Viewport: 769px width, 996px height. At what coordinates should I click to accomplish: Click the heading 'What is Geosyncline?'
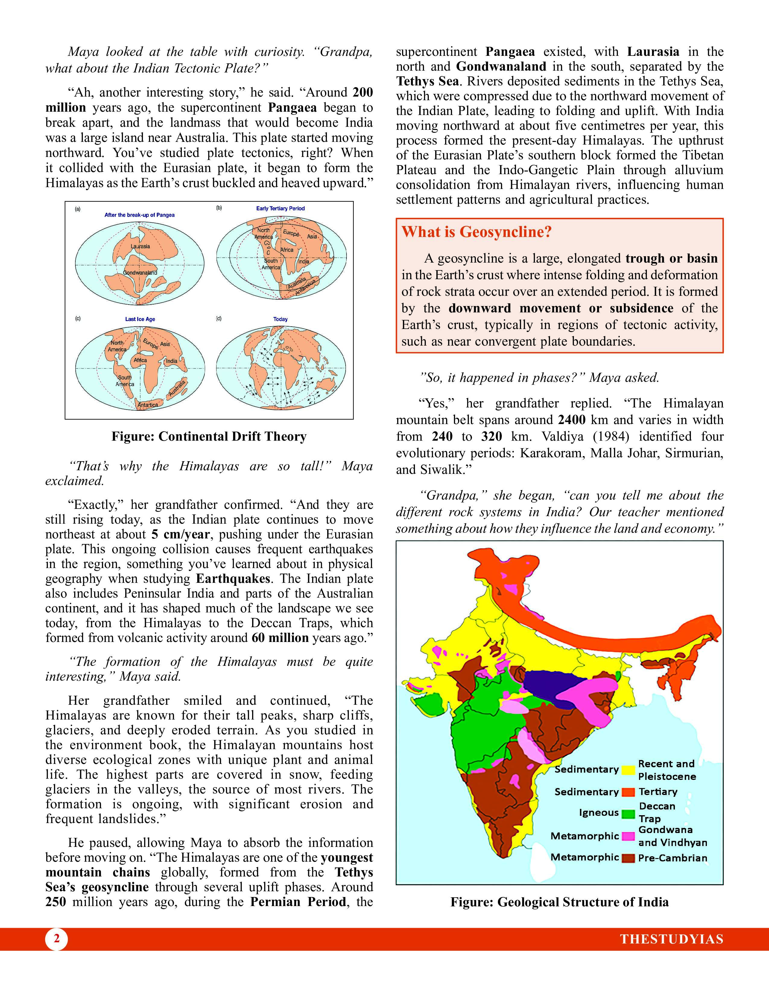coord(476,232)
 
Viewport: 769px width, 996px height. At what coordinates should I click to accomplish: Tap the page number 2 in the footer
coord(56,939)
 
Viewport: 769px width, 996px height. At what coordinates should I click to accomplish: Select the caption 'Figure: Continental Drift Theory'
coord(209,436)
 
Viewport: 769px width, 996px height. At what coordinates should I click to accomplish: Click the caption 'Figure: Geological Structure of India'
coord(559,902)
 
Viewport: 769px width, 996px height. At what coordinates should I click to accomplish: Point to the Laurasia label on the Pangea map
coord(140,246)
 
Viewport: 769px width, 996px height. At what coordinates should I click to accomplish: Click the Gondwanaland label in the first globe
coord(140,273)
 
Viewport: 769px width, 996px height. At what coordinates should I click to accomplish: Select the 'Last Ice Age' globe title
coord(140,319)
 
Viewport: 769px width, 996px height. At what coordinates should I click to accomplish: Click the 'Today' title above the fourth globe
coord(280,319)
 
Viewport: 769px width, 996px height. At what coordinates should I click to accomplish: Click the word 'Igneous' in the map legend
coord(599,813)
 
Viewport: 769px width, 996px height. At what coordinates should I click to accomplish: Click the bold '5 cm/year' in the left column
coord(180,535)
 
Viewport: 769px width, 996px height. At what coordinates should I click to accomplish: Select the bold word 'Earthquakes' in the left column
coord(233,579)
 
